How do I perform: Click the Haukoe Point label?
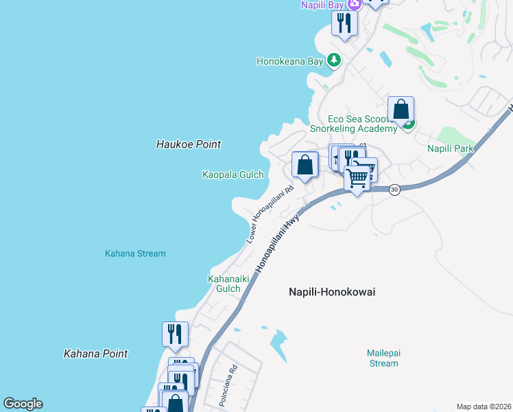(189, 144)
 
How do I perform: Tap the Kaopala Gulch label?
(233, 174)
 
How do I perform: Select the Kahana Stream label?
(135, 253)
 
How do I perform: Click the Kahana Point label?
(95, 354)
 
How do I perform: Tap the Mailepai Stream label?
(383, 358)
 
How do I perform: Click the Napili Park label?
(451, 148)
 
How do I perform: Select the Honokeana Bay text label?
(289, 61)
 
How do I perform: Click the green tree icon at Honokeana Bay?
(334, 60)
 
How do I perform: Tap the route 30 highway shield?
(394, 190)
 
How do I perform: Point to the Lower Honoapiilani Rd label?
(270, 214)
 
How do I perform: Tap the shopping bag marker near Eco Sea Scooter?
(401, 110)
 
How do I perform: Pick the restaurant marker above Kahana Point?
(174, 334)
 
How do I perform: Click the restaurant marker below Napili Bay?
(344, 24)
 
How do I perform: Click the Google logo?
(23, 404)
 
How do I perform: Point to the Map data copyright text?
(484, 407)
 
